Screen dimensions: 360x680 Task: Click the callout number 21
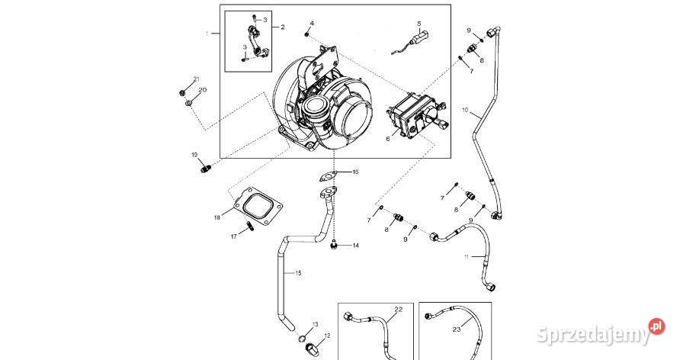pyautogui.click(x=196, y=79)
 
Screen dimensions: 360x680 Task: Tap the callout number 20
pyautogui.click(x=203, y=90)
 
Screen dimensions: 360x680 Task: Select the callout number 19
pyautogui.click(x=194, y=155)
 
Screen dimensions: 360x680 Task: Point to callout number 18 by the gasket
pyautogui.click(x=217, y=217)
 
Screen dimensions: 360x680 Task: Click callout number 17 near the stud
pyautogui.click(x=234, y=236)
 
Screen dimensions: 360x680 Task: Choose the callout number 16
pyautogui.click(x=355, y=172)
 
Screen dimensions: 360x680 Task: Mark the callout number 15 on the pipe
pyautogui.click(x=299, y=272)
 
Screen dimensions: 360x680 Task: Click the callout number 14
pyautogui.click(x=355, y=245)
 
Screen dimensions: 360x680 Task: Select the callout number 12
pyautogui.click(x=327, y=336)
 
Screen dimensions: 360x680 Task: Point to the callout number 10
pyautogui.click(x=466, y=110)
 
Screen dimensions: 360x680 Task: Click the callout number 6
pyautogui.click(x=387, y=139)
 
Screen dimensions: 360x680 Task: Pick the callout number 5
pyautogui.click(x=419, y=23)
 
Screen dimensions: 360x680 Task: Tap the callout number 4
pyautogui.click(x=311, y=24)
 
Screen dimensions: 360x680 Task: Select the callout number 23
pyautogui.click(x=457, y=329)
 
